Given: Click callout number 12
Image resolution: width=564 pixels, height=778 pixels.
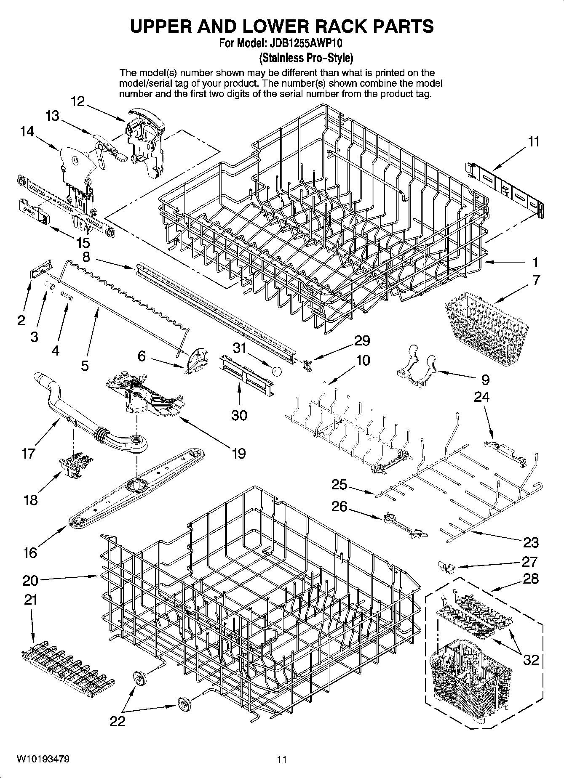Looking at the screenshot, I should coord(78,101).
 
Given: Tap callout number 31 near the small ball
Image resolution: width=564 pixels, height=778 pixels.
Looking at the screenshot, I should coord(239,348).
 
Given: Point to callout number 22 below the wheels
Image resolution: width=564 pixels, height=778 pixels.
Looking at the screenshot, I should coord(118,722).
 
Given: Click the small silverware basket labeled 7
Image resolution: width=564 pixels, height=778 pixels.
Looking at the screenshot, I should coord(486,327).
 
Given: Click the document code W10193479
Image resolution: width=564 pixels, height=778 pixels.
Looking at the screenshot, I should coord(43,759).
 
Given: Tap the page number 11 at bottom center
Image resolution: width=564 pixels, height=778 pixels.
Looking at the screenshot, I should coord(282,760).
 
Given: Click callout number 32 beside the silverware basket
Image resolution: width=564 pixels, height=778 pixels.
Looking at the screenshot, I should coord(531,659).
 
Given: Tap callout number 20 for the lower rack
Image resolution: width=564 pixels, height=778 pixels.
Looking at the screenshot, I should coord(30,581).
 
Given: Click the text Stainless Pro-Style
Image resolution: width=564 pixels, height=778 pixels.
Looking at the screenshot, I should coord(306,57).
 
